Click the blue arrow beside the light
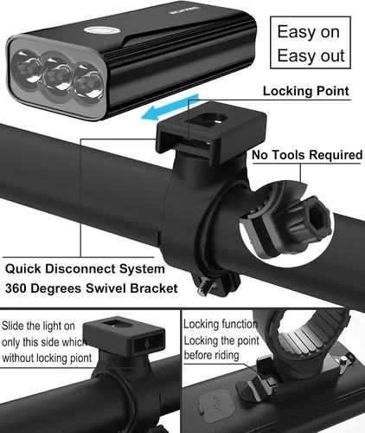pos(170,107)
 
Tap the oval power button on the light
pos(101,30)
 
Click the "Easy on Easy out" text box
pos(311,42)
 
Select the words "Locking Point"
pos(305,91)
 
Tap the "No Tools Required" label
pos(307,155)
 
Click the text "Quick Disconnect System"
pos(85,268)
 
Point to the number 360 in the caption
pos(16,288)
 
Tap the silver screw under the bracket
pos(205,288)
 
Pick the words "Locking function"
pos(221,324)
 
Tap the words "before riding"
pos(211,355)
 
